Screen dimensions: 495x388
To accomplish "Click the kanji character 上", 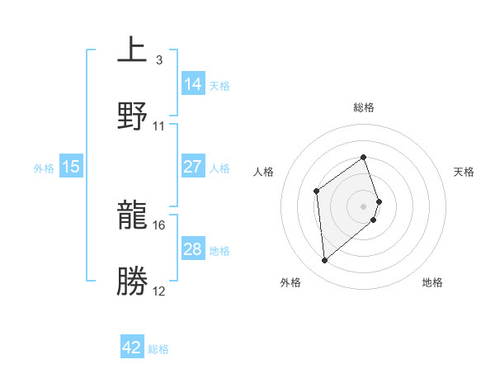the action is (133, 49).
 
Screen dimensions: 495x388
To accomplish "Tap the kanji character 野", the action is (133, 115).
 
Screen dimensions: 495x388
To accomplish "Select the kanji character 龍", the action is (133, 216).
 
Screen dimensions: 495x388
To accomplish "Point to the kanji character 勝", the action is (133, 282).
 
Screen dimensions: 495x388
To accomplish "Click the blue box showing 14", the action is (193, 83).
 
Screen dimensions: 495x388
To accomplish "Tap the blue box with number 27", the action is (192, 167).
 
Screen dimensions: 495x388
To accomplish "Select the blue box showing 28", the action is (192, 249).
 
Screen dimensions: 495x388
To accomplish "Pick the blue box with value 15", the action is (71, 167).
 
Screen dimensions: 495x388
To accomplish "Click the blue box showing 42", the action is (132, 348).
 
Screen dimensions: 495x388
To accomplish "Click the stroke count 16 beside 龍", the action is (159, 225).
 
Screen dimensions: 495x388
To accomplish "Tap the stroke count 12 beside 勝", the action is (159, 291).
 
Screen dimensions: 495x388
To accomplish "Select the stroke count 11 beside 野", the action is (159, 125).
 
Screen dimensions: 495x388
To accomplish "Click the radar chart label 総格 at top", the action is (364, 107).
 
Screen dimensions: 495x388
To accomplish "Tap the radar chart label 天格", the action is (464, 172).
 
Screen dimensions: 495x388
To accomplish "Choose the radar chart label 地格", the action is (432, 282).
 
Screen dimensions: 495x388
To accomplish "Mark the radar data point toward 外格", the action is (325, 261).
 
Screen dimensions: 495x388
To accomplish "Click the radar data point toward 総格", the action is (364, 157).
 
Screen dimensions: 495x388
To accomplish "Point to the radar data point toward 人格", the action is (317, 192).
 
